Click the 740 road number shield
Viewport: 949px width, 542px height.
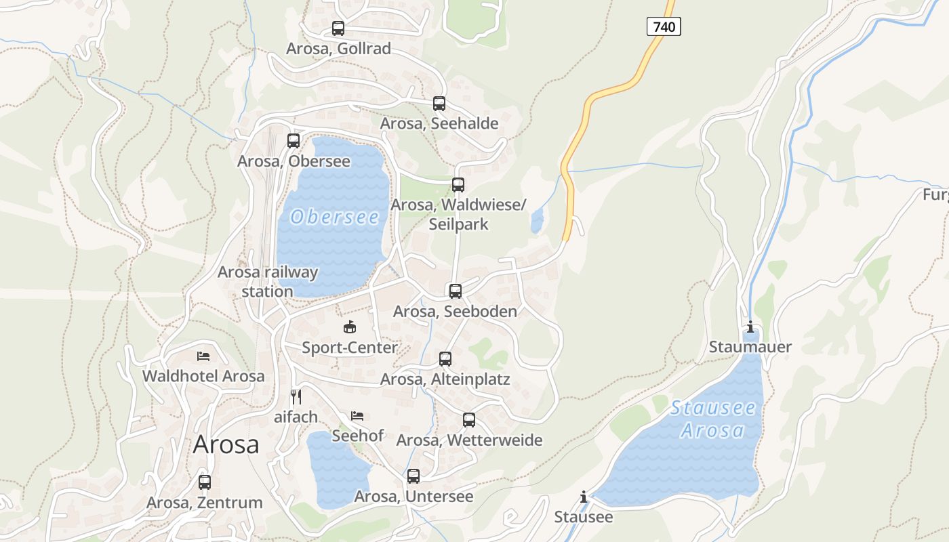[663, 27]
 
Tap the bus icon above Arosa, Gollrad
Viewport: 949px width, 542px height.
[338, 28]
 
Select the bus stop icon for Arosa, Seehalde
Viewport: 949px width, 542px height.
[439, 104]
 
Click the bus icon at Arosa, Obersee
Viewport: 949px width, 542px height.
[294, 141]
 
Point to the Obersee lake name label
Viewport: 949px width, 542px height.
[334, 217]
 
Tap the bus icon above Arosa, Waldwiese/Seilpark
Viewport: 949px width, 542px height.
[458, 185]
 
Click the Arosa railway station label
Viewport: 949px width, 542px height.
[267, 282]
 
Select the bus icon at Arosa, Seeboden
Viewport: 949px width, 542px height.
[456, 291]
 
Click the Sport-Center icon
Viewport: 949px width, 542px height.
[350, 327]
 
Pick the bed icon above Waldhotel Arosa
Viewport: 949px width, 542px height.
[203, 356]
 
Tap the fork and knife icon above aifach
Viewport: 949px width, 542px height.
[296, 396]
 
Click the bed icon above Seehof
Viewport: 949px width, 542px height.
[357, 415]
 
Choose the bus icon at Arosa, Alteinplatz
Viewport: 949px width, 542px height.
[445, 359]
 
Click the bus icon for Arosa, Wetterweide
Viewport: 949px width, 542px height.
[469, 420]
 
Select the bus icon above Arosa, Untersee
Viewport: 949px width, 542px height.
[413, 476]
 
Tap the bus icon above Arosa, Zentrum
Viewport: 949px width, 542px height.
[205, 482]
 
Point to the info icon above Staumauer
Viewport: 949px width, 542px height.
[750, 328]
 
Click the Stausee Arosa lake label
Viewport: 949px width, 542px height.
[712, 419]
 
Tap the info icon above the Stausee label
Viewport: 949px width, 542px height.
[584, 497]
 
